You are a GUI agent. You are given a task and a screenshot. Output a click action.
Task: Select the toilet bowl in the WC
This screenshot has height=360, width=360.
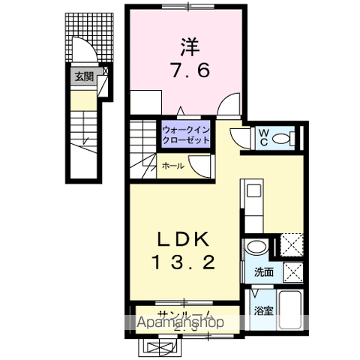click(x=283, y=138)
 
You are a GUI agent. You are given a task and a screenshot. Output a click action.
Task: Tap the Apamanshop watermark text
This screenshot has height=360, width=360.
click(x=179, y=323)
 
